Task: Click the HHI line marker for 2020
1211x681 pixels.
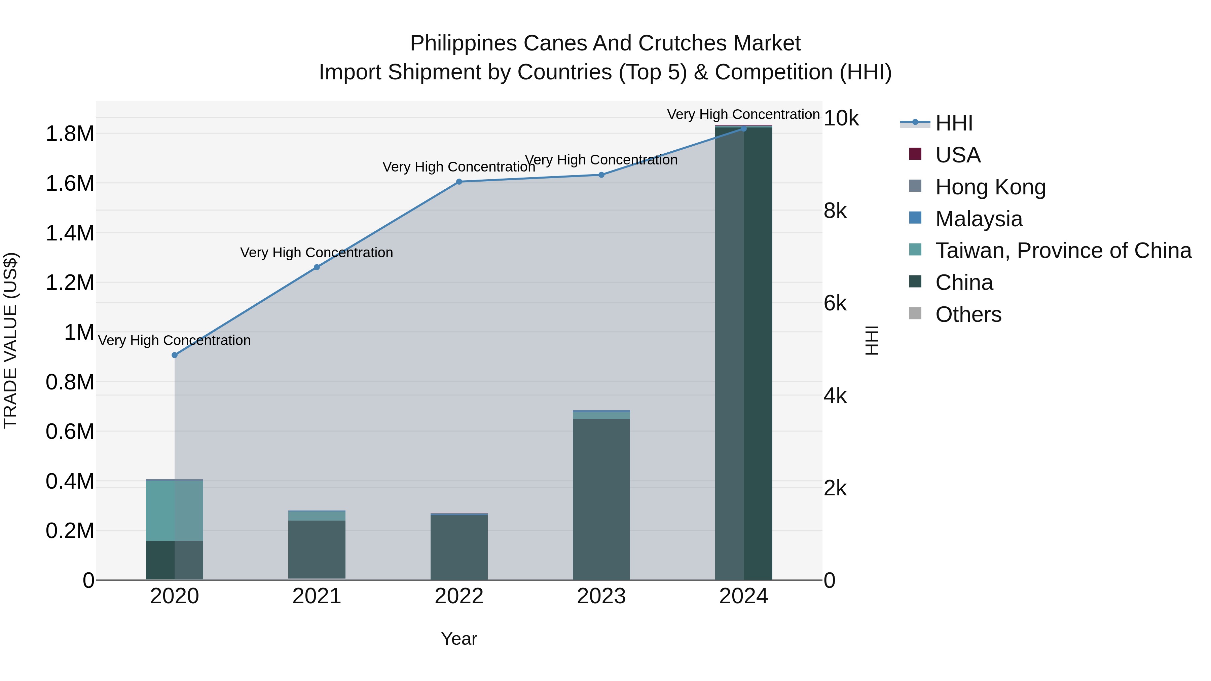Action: [x=174, y=355]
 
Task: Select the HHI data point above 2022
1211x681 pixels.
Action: [x=459, y=182]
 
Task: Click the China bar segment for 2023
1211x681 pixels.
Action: [x=601, y=498]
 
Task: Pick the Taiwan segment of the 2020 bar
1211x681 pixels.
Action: [x=174, y=510]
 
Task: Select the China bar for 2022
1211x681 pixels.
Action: [x=459, y=547]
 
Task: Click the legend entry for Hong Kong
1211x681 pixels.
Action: [x=990, y=187]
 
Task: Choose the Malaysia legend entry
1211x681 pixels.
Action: [x=979, y=219]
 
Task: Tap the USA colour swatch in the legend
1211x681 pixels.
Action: [x=915, y=154]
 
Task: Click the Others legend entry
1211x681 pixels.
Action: [x=968, y=314]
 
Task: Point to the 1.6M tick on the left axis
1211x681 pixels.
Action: [x=70, y=184]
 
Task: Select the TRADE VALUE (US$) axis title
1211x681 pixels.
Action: [x=11, y=340]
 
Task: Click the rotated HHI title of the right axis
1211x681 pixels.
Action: [x=872, y=340]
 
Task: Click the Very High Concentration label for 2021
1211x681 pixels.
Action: [x=317, y=253]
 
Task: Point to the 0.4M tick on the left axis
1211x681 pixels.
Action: [x=70, y=482]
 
